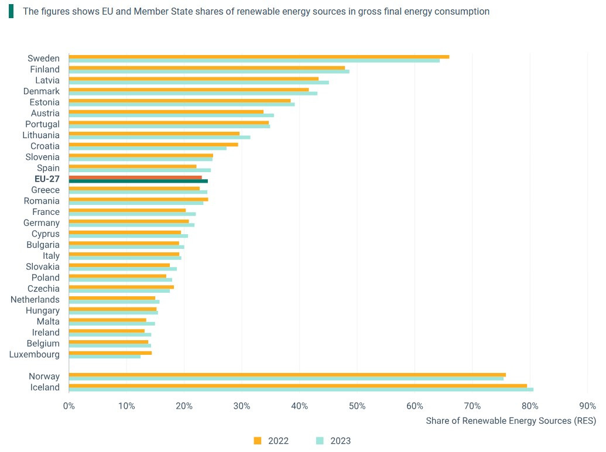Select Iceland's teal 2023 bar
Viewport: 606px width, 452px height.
pos(301,389)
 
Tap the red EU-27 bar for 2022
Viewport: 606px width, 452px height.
pos(135,177)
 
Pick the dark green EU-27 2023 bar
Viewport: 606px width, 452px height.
pos(138,182)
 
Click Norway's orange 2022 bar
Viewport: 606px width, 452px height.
pos(287,375)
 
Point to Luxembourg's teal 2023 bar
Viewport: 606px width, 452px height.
pos(105,357)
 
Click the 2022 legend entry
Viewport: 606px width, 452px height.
pos(272,441)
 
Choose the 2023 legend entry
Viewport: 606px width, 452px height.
pos(334,441)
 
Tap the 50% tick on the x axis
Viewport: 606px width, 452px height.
pos(357,406)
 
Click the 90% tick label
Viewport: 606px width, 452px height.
pos(587,406)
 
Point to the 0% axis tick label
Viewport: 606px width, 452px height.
pos(69,406)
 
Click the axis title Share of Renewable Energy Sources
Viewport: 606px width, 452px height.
pos(511,421)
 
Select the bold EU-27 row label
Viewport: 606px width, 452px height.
pos(47,179)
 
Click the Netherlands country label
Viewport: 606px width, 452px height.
pos(35,300)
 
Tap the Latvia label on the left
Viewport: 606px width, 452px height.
pos(47,80)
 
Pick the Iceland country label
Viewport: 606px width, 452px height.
pos(44,388)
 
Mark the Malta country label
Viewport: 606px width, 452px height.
pos(48,321)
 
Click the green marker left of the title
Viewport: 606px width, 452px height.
pos(11,12)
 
